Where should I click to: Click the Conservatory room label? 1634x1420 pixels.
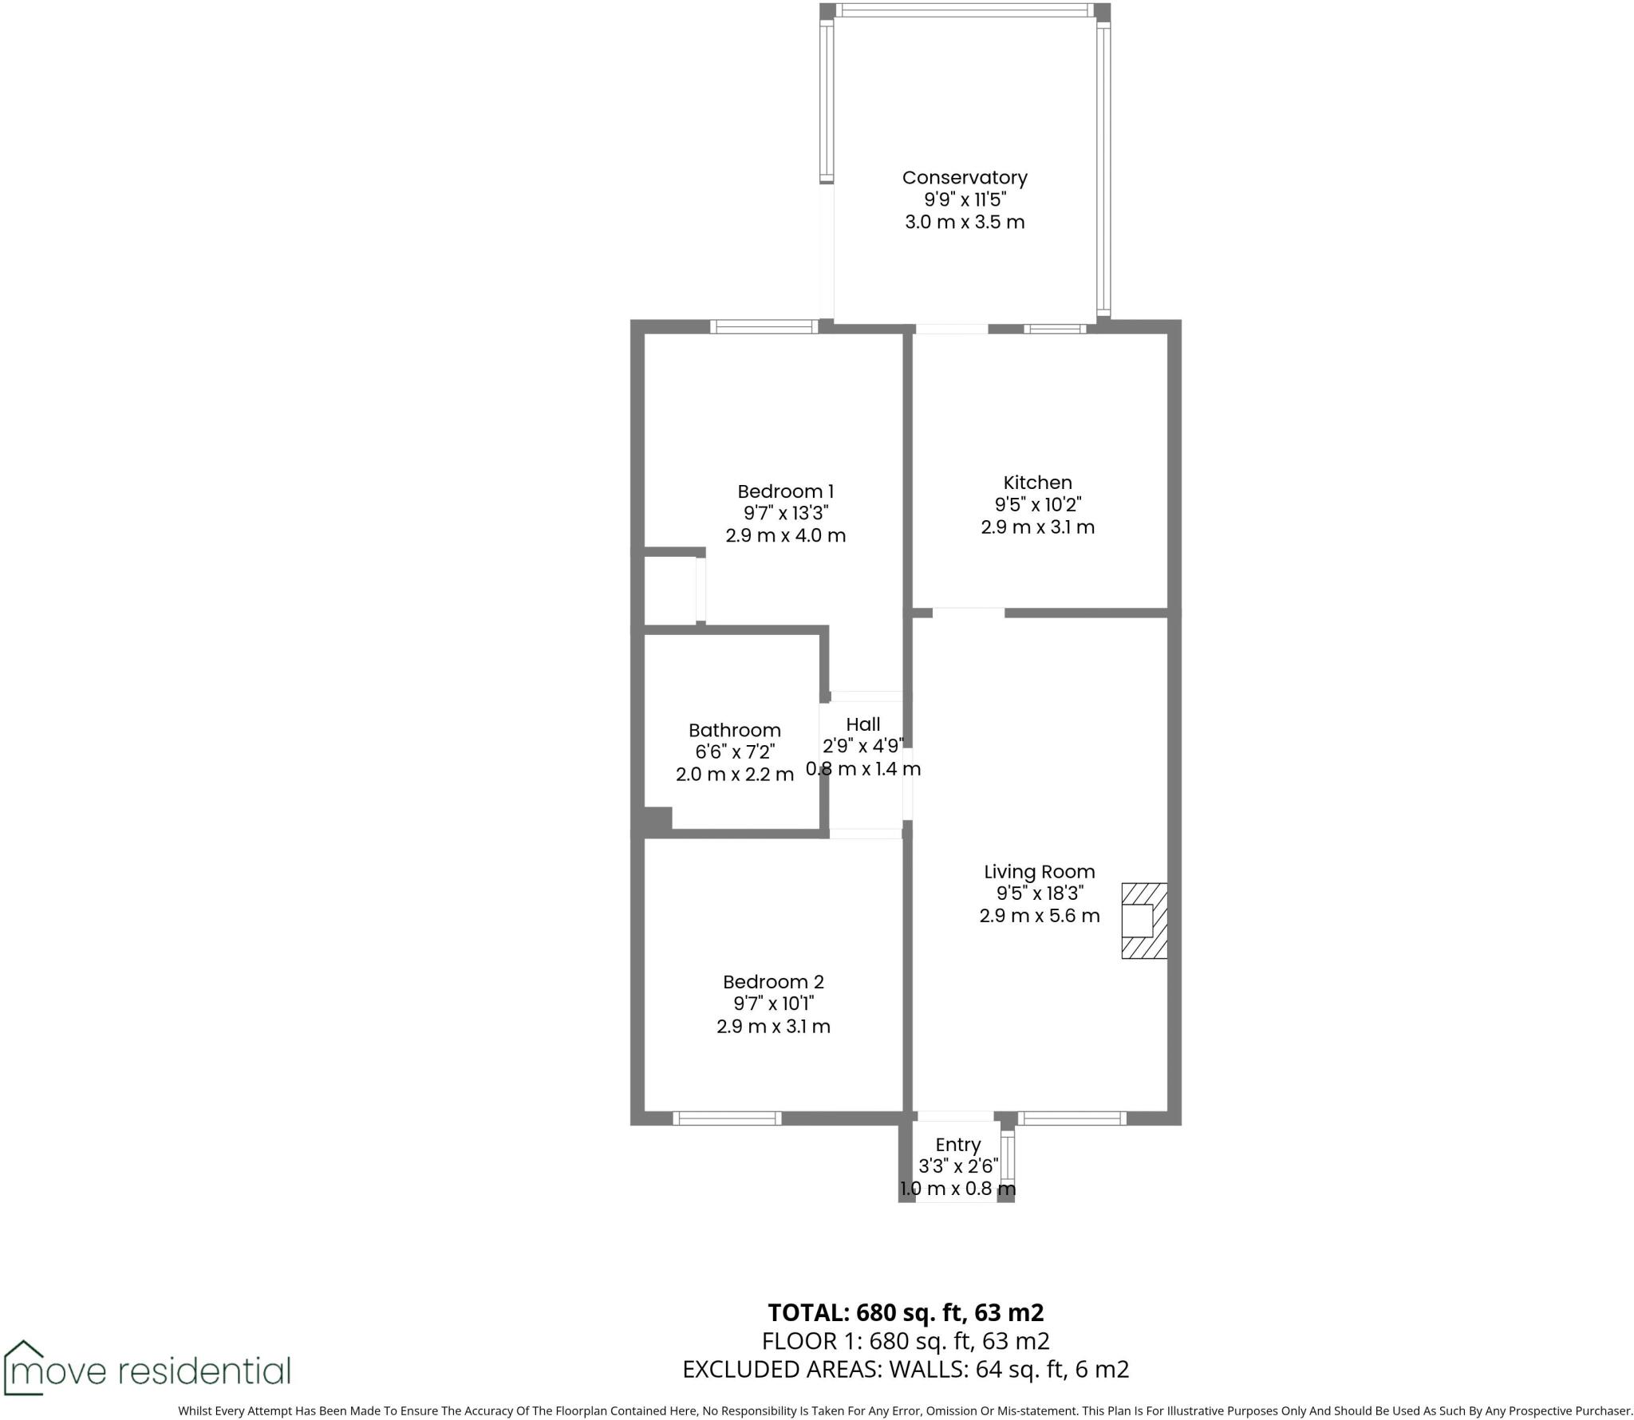click(964, 178)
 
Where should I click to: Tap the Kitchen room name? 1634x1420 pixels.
click(1037, 483)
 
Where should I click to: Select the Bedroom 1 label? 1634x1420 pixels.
click(785, 491)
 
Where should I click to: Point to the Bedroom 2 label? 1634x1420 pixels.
click(772, 982)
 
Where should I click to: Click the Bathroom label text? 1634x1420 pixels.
click(734, 730)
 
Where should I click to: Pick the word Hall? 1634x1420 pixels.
click(862, 724)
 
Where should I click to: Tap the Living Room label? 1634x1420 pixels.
click(1039, 872)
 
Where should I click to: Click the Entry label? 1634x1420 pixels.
click(957, 1145)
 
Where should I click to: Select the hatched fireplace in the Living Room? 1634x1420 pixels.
click(1144, 920)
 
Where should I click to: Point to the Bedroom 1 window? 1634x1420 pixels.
click(764, 326)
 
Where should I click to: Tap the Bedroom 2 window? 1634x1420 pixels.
click(727, 1118)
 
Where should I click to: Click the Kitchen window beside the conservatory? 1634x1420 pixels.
click(1055, 328)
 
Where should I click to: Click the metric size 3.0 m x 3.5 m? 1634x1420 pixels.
click(964, 222)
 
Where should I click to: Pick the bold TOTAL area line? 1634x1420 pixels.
click(905, 1312)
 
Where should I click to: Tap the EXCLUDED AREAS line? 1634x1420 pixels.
click(905, 1369)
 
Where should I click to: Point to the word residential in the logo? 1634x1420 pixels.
click(204, 1371)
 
